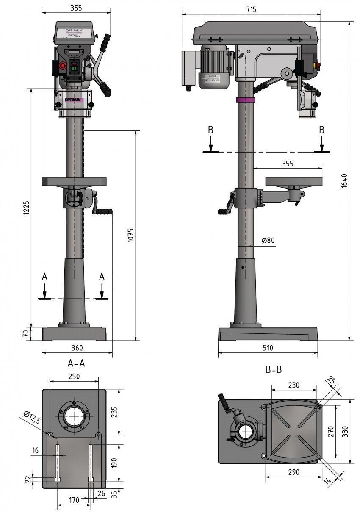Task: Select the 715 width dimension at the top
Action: [251, 9]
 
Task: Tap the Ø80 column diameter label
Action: [268, 240]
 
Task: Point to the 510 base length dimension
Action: [268, 348]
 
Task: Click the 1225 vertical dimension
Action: [26, 208]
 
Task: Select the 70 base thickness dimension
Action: [25, 333]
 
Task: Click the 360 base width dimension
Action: [77, 348]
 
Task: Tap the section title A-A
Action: [76, 363]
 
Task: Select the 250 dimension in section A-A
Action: [74, 376]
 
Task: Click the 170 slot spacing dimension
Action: [74, 500]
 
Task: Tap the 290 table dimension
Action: [292, 472]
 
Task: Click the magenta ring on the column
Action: [246, 100]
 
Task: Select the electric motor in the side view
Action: [214, 67]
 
